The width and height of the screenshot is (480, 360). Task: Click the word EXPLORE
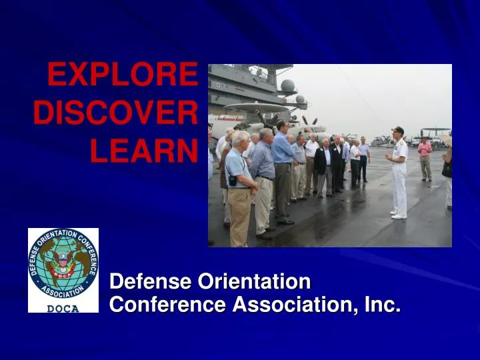(122, 75)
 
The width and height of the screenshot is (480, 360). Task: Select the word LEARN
(144, 152)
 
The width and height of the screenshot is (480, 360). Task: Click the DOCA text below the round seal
(63, 308)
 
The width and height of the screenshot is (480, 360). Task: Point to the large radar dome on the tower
(287, 86)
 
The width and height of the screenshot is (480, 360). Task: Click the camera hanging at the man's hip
(233, 181)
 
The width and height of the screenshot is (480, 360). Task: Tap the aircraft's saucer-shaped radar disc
(256, 107)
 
